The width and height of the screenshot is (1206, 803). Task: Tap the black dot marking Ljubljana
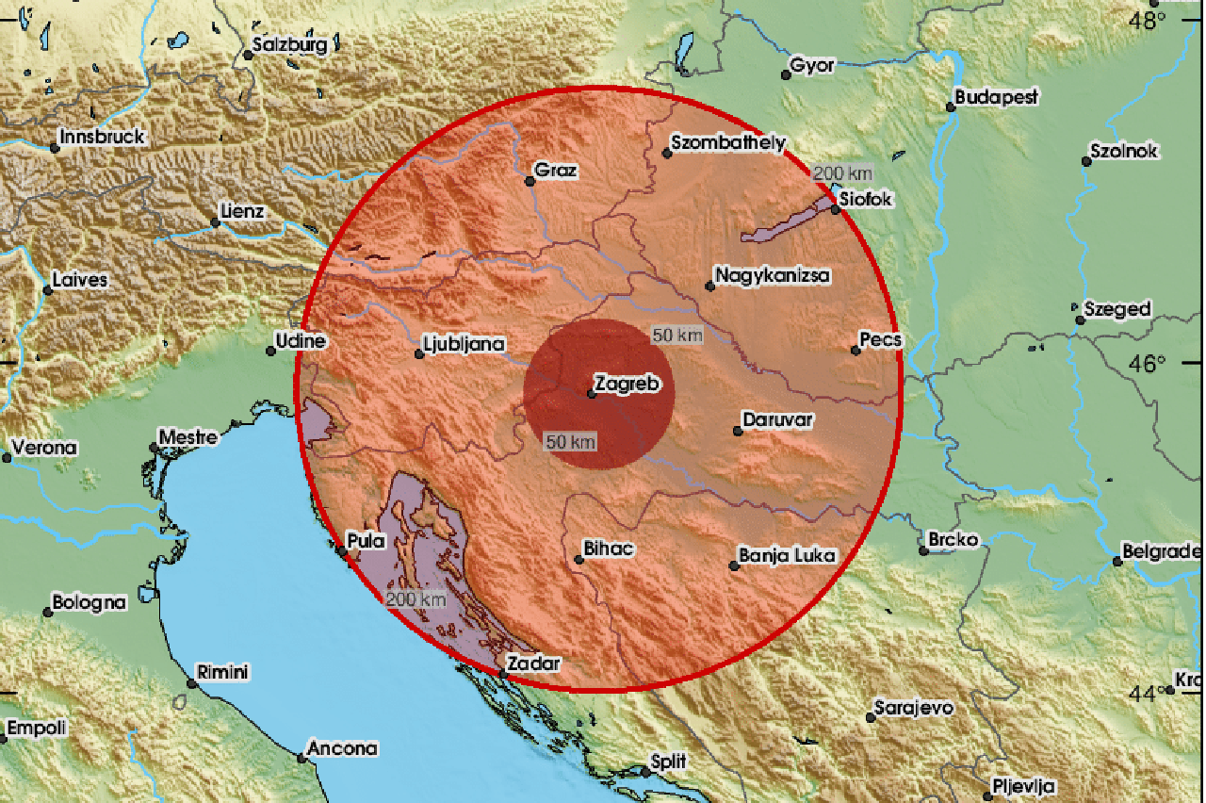(419, 354)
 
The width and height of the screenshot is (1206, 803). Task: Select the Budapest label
(996, 96)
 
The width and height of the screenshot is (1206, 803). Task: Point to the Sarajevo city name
(913, 708)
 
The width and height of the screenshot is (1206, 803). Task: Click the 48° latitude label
(1149, 20)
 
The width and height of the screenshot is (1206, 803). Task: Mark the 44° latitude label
(1147, 694)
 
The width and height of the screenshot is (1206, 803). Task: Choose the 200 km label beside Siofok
(841, 173)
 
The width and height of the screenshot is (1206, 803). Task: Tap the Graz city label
(556, 171)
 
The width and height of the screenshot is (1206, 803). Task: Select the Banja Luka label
(788, 555)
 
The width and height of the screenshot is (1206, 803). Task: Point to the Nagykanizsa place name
(772, 276)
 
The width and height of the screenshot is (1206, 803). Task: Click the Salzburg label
(290, 44)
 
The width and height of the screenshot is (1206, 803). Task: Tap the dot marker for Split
(645, 771)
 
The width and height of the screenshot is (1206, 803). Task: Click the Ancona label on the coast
(345, 749)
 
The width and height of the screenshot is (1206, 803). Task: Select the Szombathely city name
(726, 143)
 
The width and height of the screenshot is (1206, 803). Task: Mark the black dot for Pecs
(856, 351)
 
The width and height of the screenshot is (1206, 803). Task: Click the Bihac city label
(609, 549)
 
